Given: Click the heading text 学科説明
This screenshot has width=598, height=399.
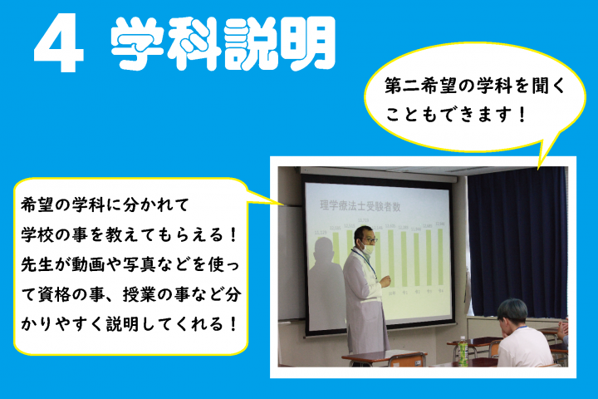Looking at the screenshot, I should (223, 43).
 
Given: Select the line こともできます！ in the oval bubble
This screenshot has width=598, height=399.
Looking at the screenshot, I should (454, 113).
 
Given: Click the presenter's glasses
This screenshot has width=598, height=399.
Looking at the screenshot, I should (368, 238).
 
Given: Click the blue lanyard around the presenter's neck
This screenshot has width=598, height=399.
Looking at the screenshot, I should (373, 266).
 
